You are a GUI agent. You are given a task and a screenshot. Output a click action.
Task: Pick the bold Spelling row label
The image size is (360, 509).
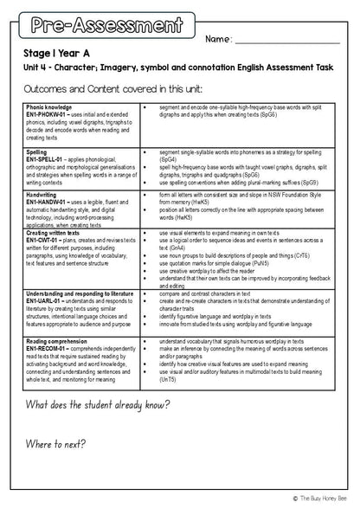coord(37,151)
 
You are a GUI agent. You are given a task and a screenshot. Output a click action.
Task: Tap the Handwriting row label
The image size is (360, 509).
coord(42,196)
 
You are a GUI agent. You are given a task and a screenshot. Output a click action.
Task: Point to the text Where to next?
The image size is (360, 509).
coord(61,444)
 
